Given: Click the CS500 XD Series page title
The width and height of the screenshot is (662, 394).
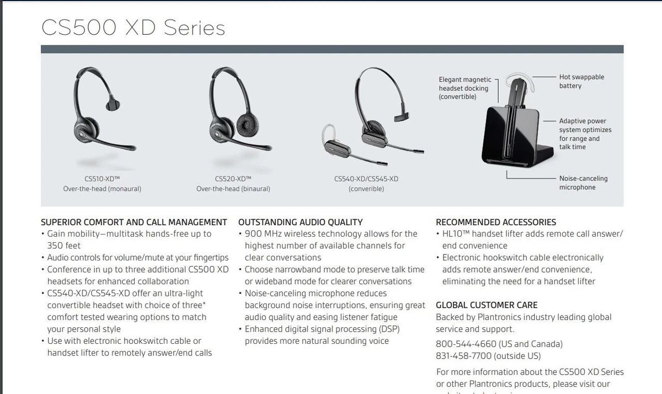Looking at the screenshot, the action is tap(134, 28).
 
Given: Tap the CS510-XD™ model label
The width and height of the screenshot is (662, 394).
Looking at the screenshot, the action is tap(102, 179).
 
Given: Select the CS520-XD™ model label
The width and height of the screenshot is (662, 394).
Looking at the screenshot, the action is tap(233, 179).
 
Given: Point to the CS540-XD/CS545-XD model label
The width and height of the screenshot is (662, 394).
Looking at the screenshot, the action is tap(366, 179).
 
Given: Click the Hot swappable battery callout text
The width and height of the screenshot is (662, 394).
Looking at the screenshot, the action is tap(581, 81).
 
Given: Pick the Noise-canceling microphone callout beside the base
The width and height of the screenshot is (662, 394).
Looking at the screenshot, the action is tap(583, 183).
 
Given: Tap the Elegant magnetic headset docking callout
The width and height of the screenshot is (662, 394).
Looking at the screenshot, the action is tap(465, 88).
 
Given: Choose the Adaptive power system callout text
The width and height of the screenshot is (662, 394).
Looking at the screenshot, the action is tap(585, 134).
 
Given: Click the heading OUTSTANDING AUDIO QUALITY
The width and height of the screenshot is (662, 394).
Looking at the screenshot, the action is tap(300, 222).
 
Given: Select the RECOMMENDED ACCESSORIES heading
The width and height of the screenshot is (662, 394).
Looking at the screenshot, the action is tap(495, 222).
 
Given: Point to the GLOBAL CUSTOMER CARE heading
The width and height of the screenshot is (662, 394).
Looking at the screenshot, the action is tap(487, 305).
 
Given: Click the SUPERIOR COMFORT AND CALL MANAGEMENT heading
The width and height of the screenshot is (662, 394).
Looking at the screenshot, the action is tap(134, 222).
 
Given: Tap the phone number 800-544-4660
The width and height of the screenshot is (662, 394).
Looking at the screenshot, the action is tap(466, 344).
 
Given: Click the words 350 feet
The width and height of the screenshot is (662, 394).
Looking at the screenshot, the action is tap(63, 246).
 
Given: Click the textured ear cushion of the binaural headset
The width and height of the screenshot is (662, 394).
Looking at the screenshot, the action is tap(247, 126).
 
